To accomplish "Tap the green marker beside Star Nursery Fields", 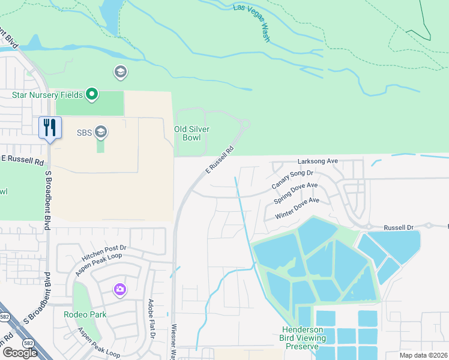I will pyautogui.click(x=92, y=94).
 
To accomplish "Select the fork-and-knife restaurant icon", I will pyautogui.click(x=50, y=127).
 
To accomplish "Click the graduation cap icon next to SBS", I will pyautogui.click(x=101, y=132).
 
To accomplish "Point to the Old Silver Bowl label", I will pyautogui.click(x=191, y=133).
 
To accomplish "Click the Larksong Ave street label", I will pyautogui.click(x=318, y=161).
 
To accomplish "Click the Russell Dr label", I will pyautogui.click(x=399, y=228).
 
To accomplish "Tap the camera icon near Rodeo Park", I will pyautogui.click(x=120, y=290).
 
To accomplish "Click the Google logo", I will pyautogui.click(x=20, y=352).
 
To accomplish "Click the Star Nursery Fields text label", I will pyautogui.click(x=47, y=94).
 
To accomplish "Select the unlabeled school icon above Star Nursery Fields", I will pyautogui.click(x=120, y=73).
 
